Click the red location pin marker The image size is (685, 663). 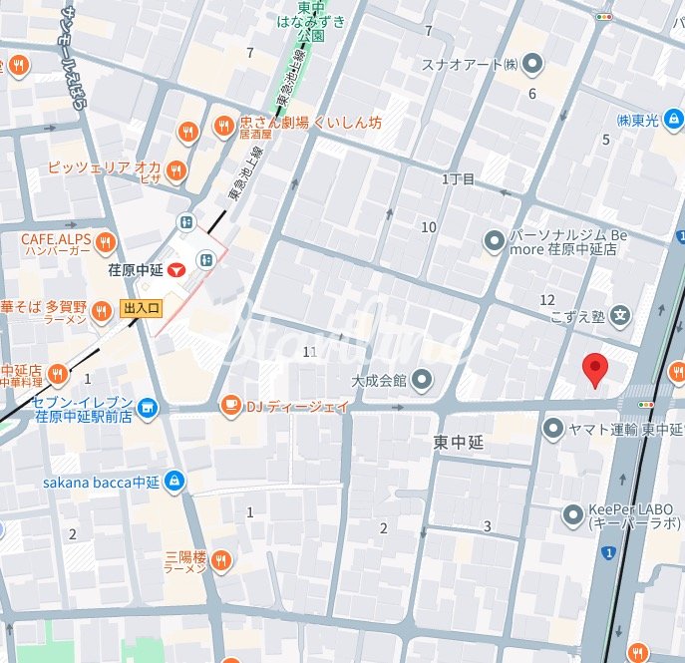[x=595, y=369]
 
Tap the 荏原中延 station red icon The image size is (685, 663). [x=175, y=269]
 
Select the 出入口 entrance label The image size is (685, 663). [x=141, y=309]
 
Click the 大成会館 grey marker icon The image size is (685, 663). [x=422, y=379]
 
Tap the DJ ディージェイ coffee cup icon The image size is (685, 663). [x=230, y=405]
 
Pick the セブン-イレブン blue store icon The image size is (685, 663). [x=148, y=407]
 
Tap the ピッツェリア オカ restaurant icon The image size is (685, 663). [x=176, y=168]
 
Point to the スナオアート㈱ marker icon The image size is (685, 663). [x=533, y=65]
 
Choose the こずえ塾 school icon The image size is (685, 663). [x=620, y=317]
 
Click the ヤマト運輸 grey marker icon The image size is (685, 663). [x=554, y=429]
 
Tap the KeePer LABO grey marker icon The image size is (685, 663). [x=573, y=515]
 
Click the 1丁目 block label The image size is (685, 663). [x=459, y=179]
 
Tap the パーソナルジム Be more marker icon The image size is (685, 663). [x=494, y=240]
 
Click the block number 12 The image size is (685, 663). [x=546, y=300]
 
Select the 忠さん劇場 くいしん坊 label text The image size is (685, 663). [x=310, y=123]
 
